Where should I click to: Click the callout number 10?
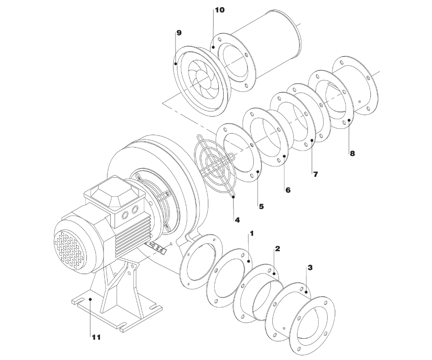220,10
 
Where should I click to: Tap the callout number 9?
179,33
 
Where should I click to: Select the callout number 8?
352,153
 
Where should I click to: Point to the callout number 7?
315,174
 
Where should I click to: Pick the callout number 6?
288,190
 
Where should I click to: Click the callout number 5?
261,206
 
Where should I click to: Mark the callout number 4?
237,220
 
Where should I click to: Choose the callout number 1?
251,234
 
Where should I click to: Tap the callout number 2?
278,249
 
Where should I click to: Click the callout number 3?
310,267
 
